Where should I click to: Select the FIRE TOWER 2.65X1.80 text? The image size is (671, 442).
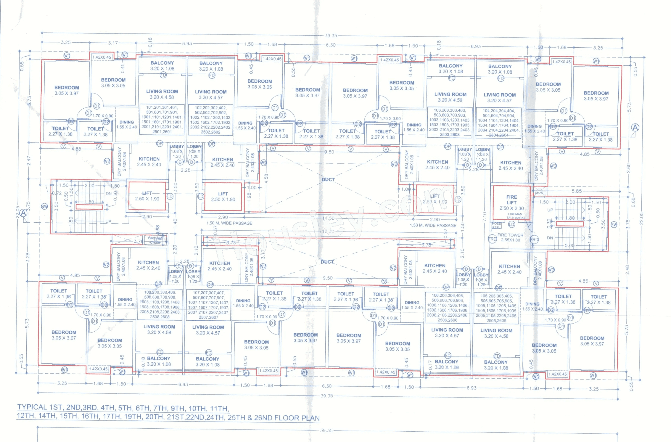click(510, 237)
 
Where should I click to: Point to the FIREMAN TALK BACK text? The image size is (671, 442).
click(515, 216)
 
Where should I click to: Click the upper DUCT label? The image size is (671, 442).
click(328, 180)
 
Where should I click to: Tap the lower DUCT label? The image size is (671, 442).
click(327, 262)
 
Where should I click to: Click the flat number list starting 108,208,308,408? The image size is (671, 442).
click(160, 304)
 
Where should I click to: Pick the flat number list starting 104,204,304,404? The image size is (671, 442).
click(498, 123)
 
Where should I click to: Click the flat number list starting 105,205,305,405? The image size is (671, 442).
click(496, 308)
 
